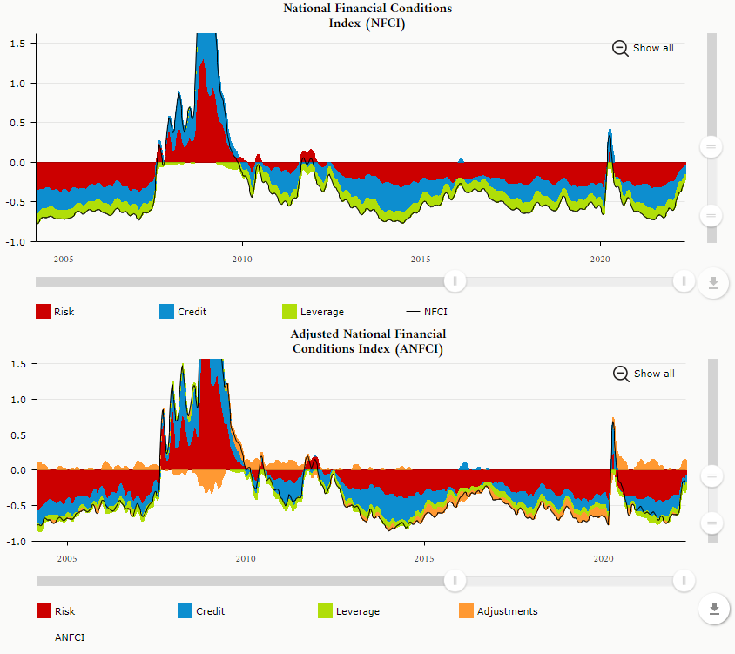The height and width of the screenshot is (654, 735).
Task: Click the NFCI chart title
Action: [367, 16]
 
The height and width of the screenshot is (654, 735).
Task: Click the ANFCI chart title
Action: [367, 341]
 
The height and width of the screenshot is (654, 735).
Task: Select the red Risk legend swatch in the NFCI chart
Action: [44, 312]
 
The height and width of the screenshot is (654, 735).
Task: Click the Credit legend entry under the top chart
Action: [183, 312]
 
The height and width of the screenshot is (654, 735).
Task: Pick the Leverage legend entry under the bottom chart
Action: [348, 611]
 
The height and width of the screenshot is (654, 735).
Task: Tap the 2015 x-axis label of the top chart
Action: [421, 259]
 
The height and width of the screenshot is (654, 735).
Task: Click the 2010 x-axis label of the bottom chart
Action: [246, 558]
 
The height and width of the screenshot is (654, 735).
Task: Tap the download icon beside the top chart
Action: [713, 282]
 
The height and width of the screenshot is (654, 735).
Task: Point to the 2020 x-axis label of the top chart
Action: [599, 259]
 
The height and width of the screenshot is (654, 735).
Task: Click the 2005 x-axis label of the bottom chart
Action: [67, 558]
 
